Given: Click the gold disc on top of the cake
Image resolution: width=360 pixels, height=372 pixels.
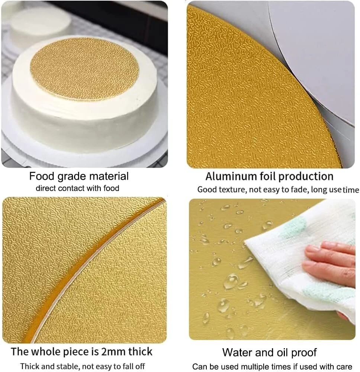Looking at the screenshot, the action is [84, 69].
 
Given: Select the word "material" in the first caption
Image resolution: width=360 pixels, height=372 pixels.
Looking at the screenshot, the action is [109, 176].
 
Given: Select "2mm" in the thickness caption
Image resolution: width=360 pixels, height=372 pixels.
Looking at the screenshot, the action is [113, 352].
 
